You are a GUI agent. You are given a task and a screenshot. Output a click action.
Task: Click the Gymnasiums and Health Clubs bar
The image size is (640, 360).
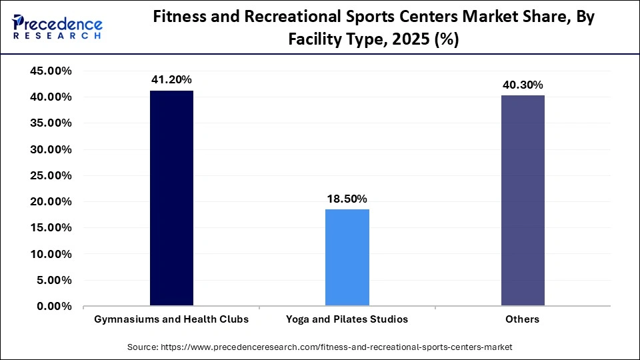click(x=171, y=198)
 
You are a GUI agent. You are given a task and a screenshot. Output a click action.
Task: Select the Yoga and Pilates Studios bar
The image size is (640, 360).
click(x=347, y=257)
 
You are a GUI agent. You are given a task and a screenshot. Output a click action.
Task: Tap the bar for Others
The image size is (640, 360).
click(x=523, y=201)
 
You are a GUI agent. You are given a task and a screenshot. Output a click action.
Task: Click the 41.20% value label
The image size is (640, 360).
click(x=171, y=80)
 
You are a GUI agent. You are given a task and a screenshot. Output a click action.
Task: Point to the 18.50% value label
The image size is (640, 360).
click(x=347, y=199)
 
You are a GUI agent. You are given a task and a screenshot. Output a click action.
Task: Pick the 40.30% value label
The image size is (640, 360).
click(x=523, y=85)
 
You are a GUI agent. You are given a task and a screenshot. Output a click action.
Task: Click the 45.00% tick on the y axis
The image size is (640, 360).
click(x=51, y=71)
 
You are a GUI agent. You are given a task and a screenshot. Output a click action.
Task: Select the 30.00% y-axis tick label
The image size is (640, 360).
click(x=51, y=149)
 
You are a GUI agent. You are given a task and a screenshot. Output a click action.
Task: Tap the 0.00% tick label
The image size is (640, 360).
click(x=53, y=307)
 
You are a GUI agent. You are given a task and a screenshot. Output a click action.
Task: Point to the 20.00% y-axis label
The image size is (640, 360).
click(x=51, y=202)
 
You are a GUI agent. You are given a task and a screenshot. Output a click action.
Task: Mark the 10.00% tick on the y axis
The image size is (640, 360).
click(x=51, y=254)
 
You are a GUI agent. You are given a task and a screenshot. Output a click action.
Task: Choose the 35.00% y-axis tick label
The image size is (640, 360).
click(x=51, y=123)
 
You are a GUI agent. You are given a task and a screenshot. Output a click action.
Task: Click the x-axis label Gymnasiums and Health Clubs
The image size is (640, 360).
click(x=171, y=319)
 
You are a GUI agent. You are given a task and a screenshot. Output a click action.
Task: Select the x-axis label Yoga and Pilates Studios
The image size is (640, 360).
click(x=347, y=319)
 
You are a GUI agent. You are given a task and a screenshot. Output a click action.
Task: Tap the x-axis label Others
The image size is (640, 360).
click(x=523, y=319)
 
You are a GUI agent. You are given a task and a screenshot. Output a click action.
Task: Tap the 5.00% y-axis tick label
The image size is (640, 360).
click(x=53, y=281)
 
